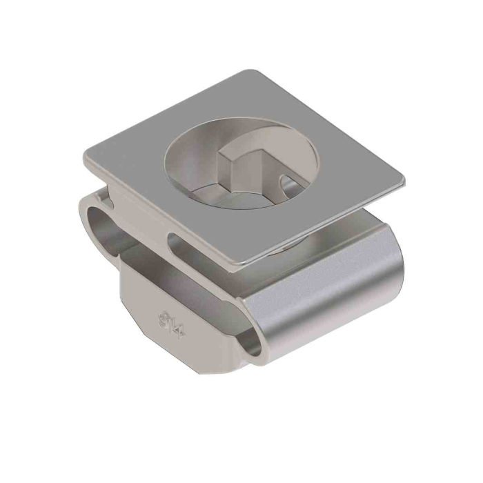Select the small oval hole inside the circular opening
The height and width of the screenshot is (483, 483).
[x=290, y=185]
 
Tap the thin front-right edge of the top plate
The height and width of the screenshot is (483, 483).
[x=324, y=224]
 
